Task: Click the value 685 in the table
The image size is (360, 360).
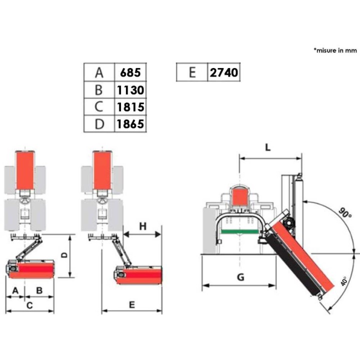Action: pos(130,72)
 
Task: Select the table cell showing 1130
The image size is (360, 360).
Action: pos(130,90)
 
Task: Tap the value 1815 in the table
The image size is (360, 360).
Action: pos(130,107)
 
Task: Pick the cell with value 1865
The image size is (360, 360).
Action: pos(130,124)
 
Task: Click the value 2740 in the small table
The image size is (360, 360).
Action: pos(224,72)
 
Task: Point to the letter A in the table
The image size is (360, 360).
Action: pos(99,72)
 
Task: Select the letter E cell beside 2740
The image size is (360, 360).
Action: pos(192,72)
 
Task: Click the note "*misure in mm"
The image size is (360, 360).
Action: pos(335,50)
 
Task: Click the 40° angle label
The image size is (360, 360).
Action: pos(343,281)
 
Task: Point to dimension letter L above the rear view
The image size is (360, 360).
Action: pos(267,147)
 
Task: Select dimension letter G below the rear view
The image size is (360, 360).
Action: pos(240,277)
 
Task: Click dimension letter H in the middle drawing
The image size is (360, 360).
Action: pos(143,226)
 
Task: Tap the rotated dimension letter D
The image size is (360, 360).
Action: pos(65,255)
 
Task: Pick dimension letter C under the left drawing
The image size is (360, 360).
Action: pos(29,305)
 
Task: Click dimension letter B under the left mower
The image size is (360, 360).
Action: pos(39,290)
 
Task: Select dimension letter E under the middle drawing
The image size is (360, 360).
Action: pos(132,305)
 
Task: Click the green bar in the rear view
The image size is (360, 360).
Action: pos(239,231)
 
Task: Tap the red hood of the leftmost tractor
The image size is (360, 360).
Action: pos(25,170)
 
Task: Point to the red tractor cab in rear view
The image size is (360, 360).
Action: pos(240,196)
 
